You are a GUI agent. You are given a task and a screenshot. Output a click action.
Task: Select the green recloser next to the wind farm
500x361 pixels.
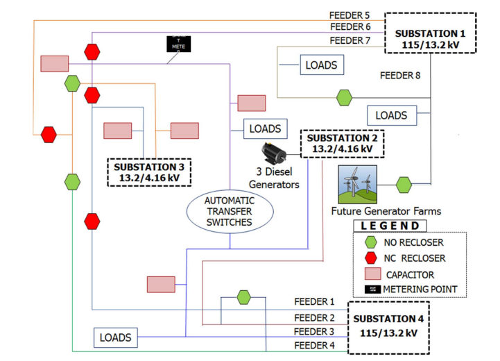pos(404,185)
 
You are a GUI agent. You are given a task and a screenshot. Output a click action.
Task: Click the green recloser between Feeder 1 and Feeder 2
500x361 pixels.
pos(243,297)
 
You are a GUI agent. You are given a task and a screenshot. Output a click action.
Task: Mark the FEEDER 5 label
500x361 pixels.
pos(350,15)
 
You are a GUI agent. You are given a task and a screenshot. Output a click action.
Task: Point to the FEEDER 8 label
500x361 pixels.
pos(400,74)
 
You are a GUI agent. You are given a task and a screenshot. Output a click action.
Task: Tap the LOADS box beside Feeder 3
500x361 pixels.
pos(115,338)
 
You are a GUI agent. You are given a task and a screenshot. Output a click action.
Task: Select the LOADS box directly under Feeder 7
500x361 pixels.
pos(321,66)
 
